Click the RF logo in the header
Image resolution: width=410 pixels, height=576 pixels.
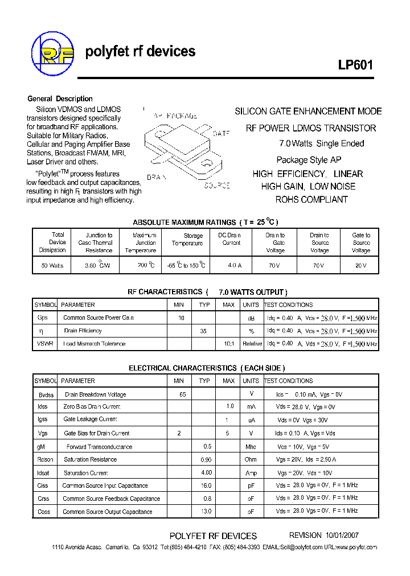click(x=52, y=54)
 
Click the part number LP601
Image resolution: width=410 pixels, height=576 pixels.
click(x=355, y=65)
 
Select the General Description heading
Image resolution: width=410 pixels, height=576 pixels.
click(x=60, y=98)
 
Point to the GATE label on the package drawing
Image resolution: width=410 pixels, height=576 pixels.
click(x=222, y=133)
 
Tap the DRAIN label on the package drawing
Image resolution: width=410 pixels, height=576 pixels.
click(x=157, y=178)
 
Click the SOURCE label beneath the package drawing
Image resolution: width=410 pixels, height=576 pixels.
click(x=217, y=186)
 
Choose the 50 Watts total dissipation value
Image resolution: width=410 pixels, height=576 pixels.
click(x=52, y=266)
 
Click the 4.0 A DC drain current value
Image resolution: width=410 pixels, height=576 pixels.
click(x=231, y=266)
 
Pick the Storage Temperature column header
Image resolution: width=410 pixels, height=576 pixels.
click(x=187, y=240)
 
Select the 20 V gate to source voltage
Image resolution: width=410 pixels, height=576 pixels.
click(x=361, y=266)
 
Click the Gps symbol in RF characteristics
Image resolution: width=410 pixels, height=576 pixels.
click(x=43, y=318)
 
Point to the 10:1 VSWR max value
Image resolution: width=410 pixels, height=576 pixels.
click(x=228, y=344)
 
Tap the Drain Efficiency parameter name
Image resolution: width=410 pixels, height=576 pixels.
click(x=83, y=331)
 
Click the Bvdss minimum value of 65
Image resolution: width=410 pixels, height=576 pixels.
click(x=182, y=394)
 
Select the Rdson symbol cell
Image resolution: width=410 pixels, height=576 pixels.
click(x=45, y=459)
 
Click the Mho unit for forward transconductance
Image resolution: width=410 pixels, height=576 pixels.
click(x=251, y=447)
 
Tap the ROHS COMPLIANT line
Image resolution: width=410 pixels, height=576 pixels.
click(x=311, y=200)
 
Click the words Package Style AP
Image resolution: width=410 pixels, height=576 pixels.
click(x=309, y=160)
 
